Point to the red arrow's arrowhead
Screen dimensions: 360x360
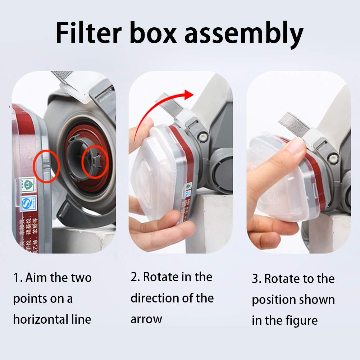click(x=188, y=95)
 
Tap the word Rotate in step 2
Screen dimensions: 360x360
click(x=160, y=277)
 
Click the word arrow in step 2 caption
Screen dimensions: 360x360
click(x=146, y=319)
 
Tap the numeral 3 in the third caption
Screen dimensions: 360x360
click(x=255, y=279)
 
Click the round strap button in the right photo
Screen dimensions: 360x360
click(x=333, y=157)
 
